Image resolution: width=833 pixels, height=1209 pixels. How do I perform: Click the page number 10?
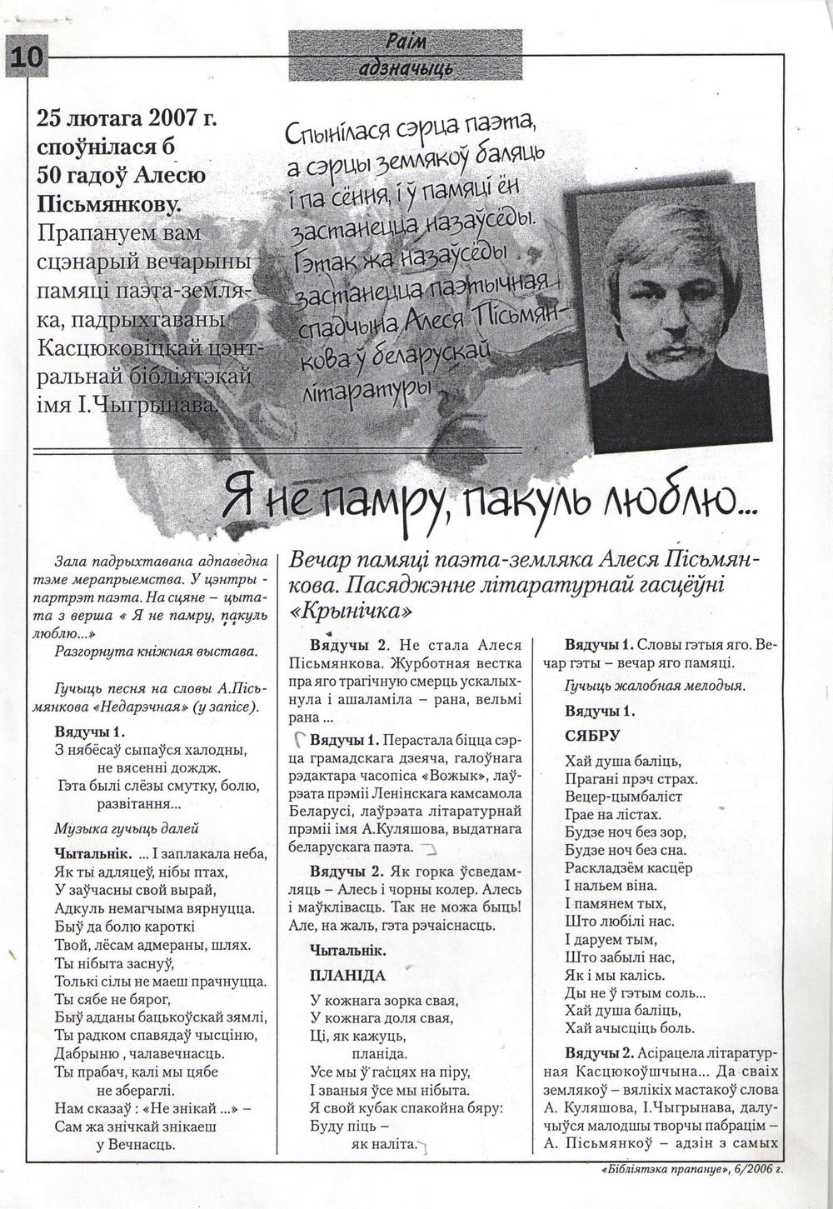point(25,57)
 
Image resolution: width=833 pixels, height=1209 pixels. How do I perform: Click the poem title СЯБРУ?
point(592,737)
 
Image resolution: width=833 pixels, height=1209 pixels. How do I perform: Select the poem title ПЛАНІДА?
point(347,975)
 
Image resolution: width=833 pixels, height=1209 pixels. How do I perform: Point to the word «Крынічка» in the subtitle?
point(350,611)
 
